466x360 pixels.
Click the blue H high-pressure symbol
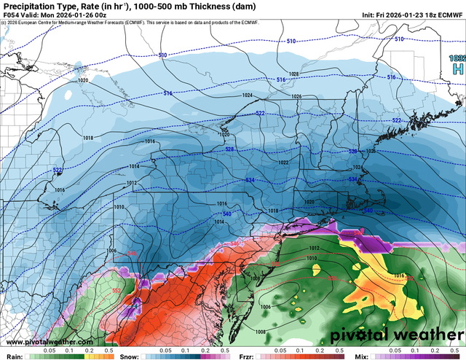click(458, 69)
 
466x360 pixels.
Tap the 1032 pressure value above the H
click(458, 57)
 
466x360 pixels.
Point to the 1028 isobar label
click(293, 74)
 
